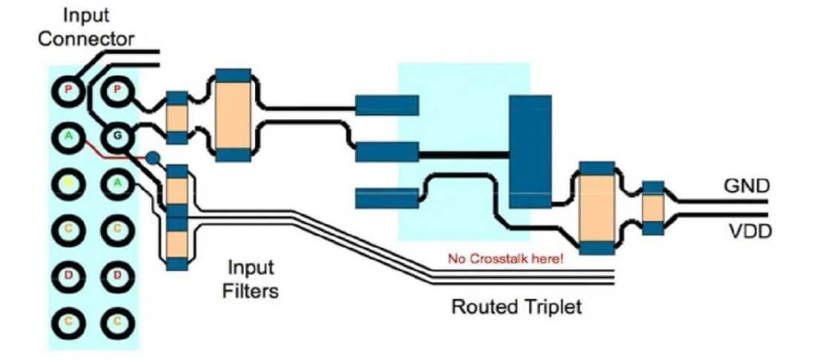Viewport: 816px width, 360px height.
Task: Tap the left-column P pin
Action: [x=68, y=91]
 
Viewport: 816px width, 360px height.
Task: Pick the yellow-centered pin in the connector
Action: [x=68, y=181]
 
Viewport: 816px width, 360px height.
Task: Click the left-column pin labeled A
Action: [x=68, y=136]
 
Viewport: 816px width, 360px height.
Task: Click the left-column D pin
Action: [x=68, y=276]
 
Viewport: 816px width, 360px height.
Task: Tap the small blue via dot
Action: [x=153, y=158]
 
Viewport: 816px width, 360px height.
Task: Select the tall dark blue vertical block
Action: [x=530, y=152]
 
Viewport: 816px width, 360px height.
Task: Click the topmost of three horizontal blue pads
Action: [x=387, y=105]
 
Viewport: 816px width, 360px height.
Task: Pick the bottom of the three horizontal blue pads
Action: [x=387, y=198]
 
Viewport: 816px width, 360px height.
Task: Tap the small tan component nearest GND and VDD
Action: [x=652, y=208]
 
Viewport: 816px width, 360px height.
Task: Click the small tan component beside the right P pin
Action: [x=176, y=118]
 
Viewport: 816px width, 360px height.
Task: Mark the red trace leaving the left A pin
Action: [x=100, y=152]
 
